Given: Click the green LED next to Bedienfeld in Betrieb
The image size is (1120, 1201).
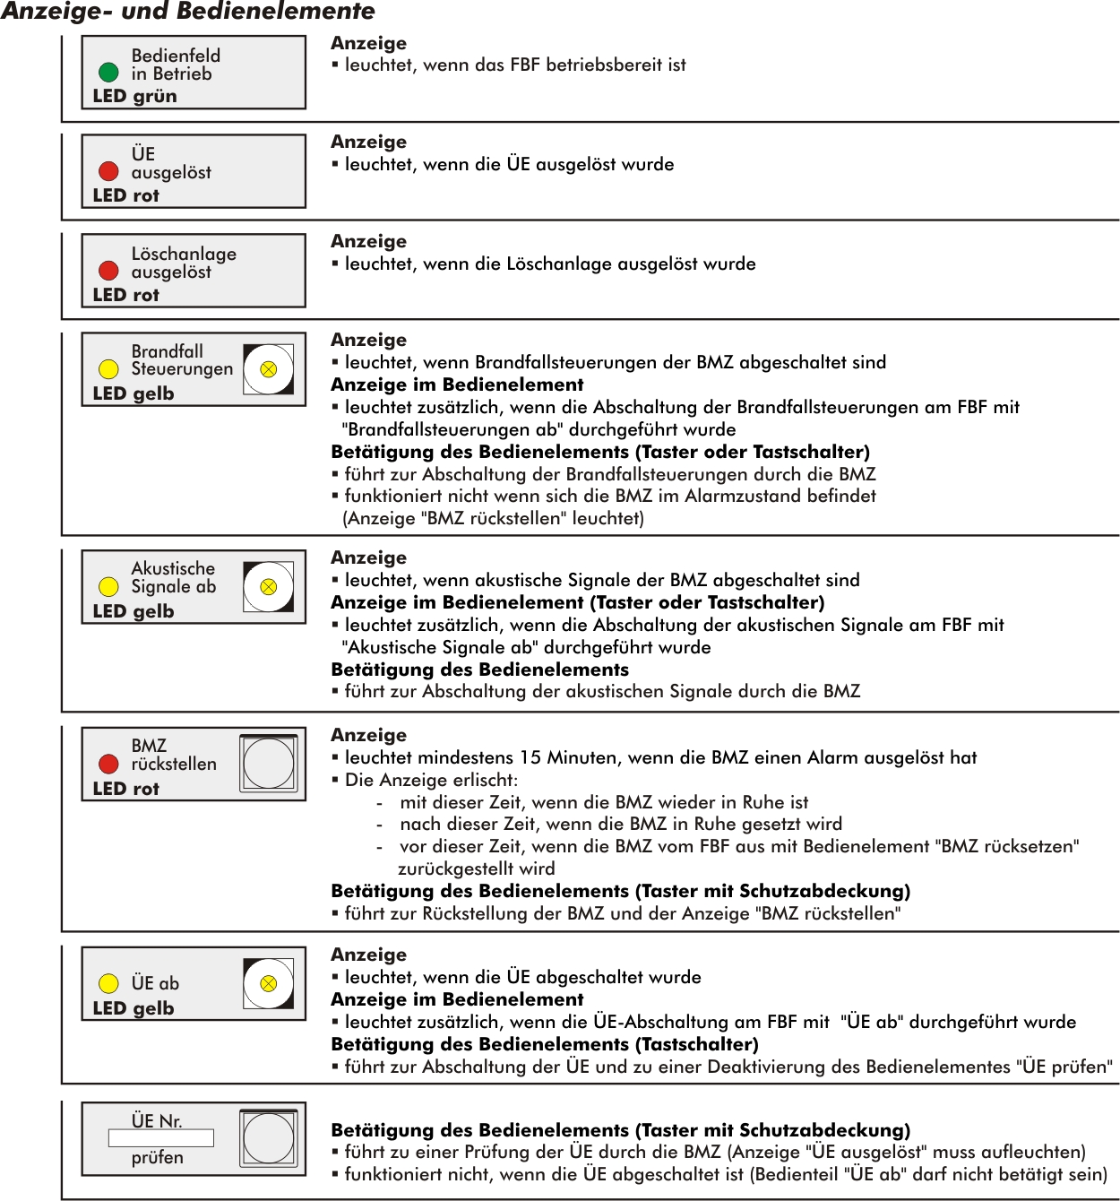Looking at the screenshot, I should click(x=108, y=72).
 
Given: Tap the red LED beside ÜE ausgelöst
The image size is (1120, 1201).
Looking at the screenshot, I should click(x=108, y=170).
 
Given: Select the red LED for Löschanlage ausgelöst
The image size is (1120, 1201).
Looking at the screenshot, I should click(x=108, y=270).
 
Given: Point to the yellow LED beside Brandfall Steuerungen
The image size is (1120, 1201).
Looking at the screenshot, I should click(x=108, y=368).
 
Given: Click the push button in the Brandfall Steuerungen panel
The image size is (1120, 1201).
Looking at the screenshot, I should click(x=268, y=368).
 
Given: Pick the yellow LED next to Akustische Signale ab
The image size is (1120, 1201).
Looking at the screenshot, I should click(x=108, y=586).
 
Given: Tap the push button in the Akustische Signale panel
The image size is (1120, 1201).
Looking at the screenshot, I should click(x=268, y=586).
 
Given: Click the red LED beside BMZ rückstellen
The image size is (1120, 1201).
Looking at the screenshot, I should click(x=108, y=764).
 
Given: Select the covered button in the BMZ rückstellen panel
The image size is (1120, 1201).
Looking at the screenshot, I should click(x=268, y=763).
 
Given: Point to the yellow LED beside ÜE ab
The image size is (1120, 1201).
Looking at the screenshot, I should click(x=108, y=983).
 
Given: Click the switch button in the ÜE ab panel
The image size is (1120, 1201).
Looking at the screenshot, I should click(x=268, y=983).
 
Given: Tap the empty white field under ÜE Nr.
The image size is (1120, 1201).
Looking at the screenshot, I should click(x=160, y=1138).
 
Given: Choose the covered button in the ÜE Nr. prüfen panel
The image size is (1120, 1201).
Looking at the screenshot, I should click(x=268, y=1138).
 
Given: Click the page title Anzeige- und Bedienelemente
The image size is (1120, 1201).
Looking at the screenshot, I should click(x=188, y=12).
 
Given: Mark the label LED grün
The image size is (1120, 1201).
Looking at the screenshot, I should click(x=134, y=96).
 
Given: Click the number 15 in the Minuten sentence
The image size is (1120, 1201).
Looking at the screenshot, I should click(x=530, y=757).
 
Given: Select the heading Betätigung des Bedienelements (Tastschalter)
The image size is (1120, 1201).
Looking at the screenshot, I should click(x=545, y=1044).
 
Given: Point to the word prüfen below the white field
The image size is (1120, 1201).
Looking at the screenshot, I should click(x=157, y=1158).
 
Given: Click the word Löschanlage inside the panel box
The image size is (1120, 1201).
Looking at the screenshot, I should click(x=184, y=254).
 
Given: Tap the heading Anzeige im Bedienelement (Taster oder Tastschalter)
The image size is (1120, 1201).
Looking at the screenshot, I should click(x=578, y=602).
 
